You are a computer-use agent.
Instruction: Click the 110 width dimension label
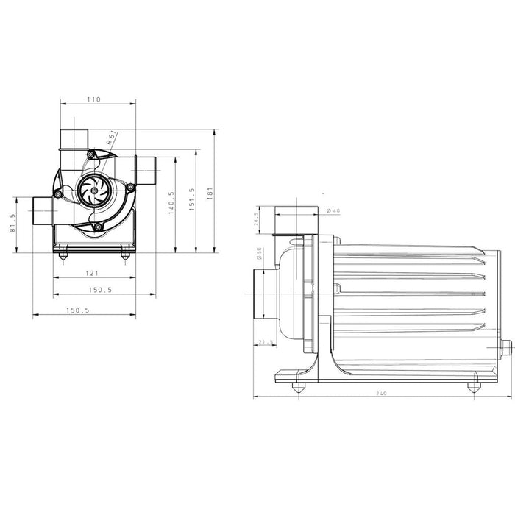click(x=93, y=99)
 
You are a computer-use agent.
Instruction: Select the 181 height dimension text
click(x=210, y=191)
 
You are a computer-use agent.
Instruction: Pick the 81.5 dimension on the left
click(x=12, y=224)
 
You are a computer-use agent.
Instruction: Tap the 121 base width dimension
click(x=93, y=273)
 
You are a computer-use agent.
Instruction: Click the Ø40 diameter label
click(x=334, y=211)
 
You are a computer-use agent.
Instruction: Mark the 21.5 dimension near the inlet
click(x=265, y=341)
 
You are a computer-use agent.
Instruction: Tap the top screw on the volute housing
click(x=90, y=154)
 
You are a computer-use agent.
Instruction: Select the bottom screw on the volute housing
click(x=97, y=229)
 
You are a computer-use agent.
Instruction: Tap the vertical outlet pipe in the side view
click(x=296, y=219)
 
